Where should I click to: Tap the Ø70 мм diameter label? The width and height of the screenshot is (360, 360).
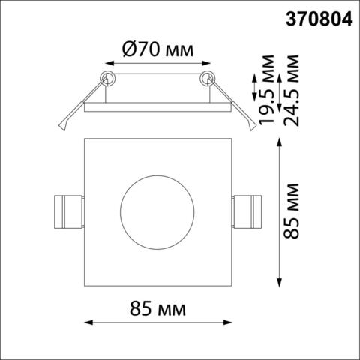(x=157, y=50)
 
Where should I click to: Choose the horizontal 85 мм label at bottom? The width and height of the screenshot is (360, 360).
(x=157, y=308)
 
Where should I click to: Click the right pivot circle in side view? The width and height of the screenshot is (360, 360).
(x=206, y=78)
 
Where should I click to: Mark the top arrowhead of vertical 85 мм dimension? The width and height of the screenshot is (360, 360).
(x=280, y=142)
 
